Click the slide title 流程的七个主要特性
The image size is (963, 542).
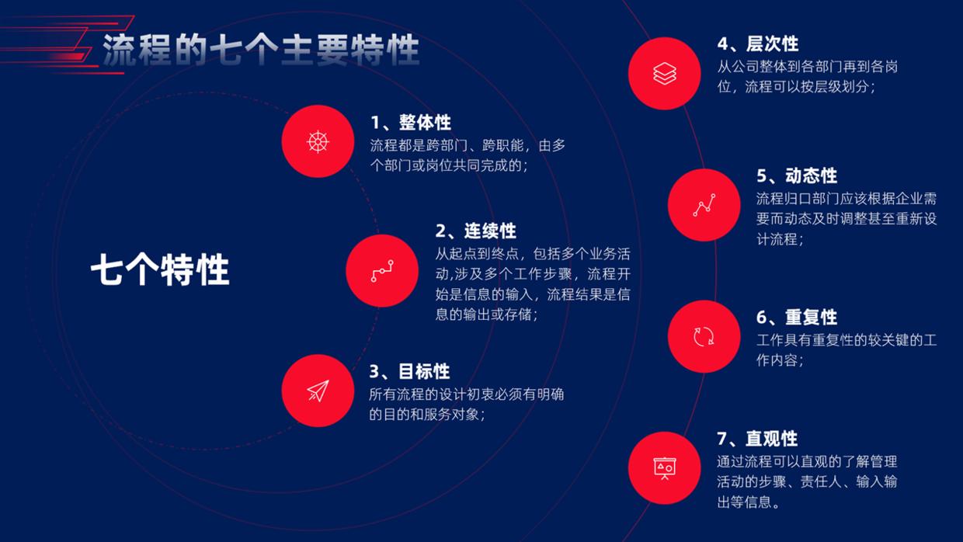click(x=261, y=50)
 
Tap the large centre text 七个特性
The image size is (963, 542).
click(x=160, y=271)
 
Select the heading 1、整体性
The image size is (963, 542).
click(x=410, y=123)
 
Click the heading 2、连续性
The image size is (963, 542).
click(x=475, y=231)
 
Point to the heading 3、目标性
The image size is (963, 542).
click(x=409, y=371)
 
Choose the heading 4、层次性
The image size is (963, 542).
click(x=757, y=43)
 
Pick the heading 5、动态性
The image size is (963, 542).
click(x=797, y=175)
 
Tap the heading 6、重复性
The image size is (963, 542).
click(x=797, y=317)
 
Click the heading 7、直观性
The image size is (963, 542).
click(x=757, y=439)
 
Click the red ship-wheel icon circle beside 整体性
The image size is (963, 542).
click(x=318, y=141)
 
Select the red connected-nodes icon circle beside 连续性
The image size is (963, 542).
click(x=382, y=271)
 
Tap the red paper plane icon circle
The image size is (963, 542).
click(x=318, y=391)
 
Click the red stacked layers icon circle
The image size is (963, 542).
click(x=665, y=73)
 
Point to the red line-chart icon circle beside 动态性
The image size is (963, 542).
click(x=704, y=205)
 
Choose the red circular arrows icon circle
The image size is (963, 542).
click(x=704, y=336)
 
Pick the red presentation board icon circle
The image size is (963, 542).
click(x=665, y=468)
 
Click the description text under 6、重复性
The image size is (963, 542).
click(x=847, y=350)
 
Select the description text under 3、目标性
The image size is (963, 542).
click(x=466, y=404)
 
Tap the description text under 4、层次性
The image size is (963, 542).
click(x=808, y=77)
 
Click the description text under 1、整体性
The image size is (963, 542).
click(x=468, y=155)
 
